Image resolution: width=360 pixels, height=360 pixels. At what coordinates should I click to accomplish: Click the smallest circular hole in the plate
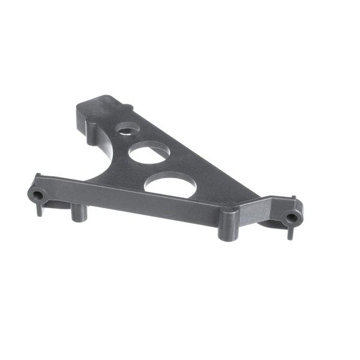(x=126, y=128)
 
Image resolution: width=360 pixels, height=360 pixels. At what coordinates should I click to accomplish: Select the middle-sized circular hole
(x=149, y=154)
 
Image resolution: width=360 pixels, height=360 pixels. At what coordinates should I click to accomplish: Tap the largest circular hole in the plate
(x=170, y=185)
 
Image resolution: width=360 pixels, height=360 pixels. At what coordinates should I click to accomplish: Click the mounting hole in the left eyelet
(x=37, y=196)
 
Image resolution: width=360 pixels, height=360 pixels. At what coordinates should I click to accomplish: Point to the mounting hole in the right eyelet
(x=292, y=218)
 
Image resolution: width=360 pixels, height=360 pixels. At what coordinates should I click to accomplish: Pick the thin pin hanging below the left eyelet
(x=40, y=209)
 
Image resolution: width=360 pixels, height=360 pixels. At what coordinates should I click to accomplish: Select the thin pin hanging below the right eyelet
(x=290, y=232)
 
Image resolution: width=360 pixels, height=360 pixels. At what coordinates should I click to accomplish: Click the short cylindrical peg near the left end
(x=78, y=214)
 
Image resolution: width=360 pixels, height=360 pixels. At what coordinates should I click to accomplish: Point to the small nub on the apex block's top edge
(x=128, y=107)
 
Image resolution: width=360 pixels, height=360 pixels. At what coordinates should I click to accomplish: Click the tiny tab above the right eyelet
(x=295, y=198)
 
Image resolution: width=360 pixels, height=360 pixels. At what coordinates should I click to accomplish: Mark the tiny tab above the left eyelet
(x=38, y=176)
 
